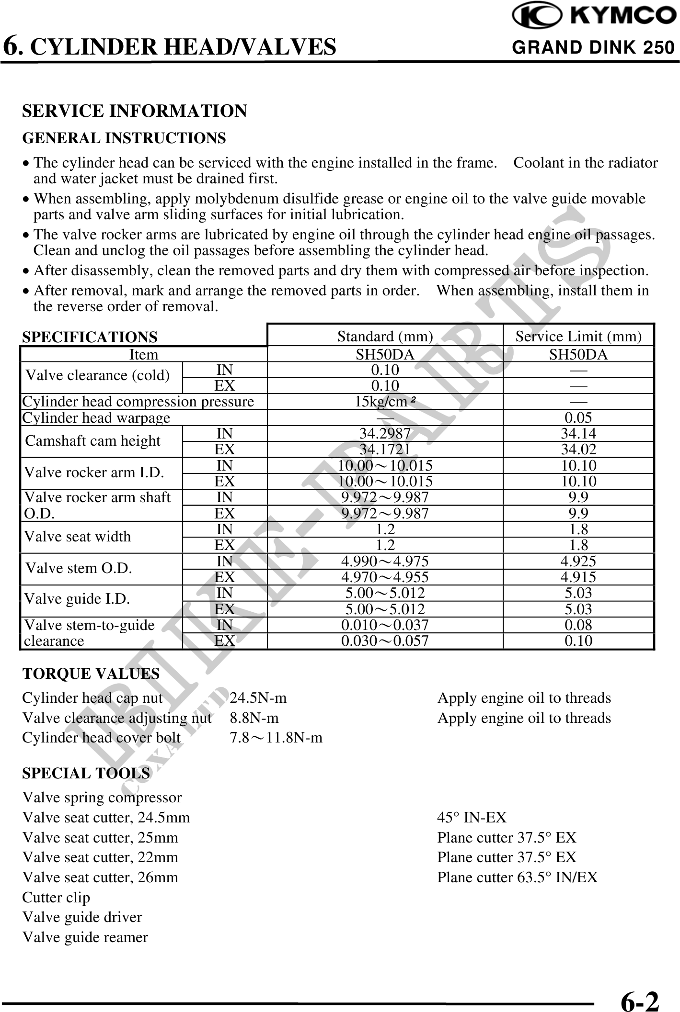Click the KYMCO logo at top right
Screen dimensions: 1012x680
594,16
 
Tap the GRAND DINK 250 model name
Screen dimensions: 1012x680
593,47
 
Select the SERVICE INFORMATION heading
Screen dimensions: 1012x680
135,111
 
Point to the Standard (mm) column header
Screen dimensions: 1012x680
385,337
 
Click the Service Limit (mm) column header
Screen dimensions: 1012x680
578,337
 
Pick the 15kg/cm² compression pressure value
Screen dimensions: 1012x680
385,402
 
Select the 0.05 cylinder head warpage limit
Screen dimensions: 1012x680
578,418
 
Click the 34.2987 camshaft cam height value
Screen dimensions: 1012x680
385,434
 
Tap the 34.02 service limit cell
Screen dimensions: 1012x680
578,450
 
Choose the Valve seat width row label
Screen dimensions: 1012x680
78,537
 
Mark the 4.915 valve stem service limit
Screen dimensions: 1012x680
578,577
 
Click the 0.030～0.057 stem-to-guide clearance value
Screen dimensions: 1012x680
385,641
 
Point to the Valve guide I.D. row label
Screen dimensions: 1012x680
77,599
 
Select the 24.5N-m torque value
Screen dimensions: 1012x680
258,698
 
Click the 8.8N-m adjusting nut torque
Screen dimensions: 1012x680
254,718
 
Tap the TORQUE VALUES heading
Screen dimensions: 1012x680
91,674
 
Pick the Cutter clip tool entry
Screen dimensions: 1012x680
56,897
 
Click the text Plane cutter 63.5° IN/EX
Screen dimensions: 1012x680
518,877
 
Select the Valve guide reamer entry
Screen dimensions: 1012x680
85,937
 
